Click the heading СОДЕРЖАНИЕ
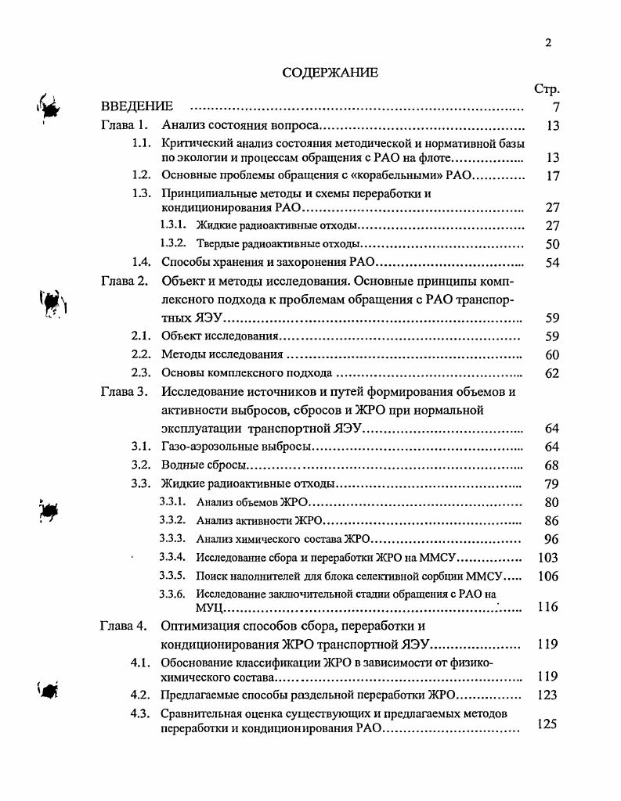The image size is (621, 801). (330, 73)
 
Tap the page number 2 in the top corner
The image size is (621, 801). (548, 43)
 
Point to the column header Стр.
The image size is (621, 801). (546, 89)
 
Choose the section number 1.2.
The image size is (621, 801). (141, 175)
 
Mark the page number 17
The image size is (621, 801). (552, 176)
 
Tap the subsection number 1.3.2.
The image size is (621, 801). (173, 244)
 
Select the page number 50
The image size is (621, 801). (552, 244)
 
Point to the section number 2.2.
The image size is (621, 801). (141, 355)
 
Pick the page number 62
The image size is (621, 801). (552, 374)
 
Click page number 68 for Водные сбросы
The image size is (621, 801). (552, 466)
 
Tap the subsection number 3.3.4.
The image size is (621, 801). (173, 558)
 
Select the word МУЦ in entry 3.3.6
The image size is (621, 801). (210, 607)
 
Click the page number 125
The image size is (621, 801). (548, 724)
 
